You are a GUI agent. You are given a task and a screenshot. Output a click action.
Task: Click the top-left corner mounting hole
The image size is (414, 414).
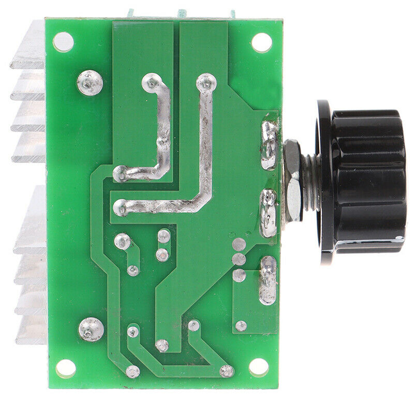(63, 42)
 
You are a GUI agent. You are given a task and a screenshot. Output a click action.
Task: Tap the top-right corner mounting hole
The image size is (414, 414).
(261, 42)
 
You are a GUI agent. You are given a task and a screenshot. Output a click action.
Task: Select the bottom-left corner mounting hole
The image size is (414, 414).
(66, 368)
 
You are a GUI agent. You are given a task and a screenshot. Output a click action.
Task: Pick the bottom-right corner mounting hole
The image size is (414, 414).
(258, 367)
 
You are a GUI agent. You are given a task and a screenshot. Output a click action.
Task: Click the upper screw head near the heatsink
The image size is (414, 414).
(90, 82)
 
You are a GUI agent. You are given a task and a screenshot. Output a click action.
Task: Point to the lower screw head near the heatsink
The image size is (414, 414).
(91, 329)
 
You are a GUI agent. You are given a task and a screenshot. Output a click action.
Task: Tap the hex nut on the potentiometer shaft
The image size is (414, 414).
(292, 181)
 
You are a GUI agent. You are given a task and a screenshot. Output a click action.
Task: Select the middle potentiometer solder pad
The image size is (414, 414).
(269, 213)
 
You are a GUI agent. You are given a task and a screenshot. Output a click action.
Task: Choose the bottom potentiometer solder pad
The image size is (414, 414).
(268, 279)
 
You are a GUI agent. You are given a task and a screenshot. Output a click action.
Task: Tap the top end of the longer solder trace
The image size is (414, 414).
(206, 82)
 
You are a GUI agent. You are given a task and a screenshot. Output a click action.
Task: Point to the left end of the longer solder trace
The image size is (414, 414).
(121, 208)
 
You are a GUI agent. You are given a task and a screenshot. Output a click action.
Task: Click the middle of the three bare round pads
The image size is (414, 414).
(239, 259)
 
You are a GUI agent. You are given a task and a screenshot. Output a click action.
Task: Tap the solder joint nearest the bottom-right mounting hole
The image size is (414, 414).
(227, 371)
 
